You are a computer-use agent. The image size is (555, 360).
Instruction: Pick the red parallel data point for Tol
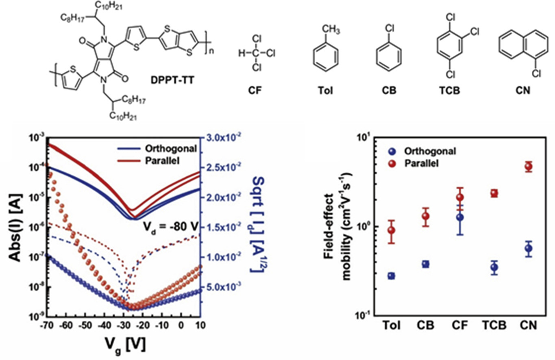(x=391, y=230)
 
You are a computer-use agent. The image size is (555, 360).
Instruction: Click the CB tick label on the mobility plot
(x=426, y=326)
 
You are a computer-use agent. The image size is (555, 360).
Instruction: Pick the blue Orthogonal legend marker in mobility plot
(x=392, y=152)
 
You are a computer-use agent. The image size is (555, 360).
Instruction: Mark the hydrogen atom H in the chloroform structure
(x=242, y=53)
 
